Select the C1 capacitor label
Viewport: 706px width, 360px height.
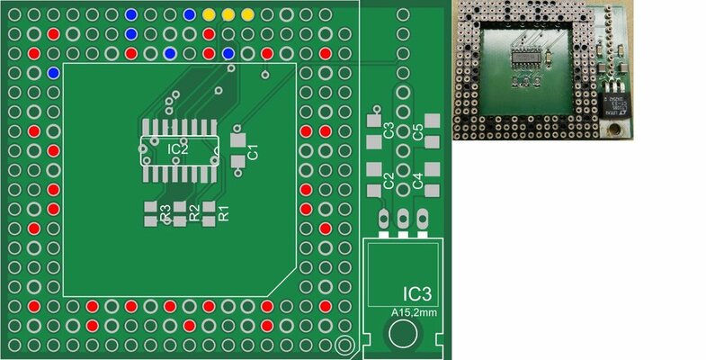[253, 151]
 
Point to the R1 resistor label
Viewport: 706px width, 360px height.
[225, 214]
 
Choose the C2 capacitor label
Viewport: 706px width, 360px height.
[389, 180]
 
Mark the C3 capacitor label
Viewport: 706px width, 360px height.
[389, 130]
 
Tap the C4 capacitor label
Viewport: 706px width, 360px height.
[417, 180]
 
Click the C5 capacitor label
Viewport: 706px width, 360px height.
[417, 130]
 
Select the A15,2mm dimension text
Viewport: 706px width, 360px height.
[413, 312]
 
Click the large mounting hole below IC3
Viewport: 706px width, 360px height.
[401, 335]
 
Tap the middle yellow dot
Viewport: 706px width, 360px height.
[228, 15]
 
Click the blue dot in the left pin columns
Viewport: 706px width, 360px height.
[53, 72]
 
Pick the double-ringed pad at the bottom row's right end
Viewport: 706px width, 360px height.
[343, 345]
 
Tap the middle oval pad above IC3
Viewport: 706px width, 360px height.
[402, 218]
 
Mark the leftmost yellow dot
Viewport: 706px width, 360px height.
[209, 15]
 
